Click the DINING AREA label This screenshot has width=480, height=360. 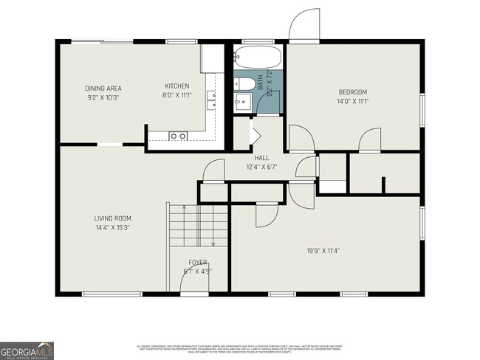pos(103,88)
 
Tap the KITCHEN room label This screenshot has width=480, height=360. pos(176,86)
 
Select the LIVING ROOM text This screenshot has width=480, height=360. pos(112,218)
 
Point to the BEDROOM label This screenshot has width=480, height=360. pos(353,91)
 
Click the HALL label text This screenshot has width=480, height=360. pos(261,158)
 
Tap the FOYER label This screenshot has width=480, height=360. pos(197,263)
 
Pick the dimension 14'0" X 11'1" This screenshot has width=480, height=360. pos(353,101)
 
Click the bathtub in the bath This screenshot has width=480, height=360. pos(258,58)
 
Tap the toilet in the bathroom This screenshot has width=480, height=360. pos(247,83)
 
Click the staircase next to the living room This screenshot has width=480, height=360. pos(198,225)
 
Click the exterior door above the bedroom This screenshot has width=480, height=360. pos(303,28)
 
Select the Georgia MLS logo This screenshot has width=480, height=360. pos(27,350)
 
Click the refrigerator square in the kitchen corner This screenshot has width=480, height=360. pos(212,57)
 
